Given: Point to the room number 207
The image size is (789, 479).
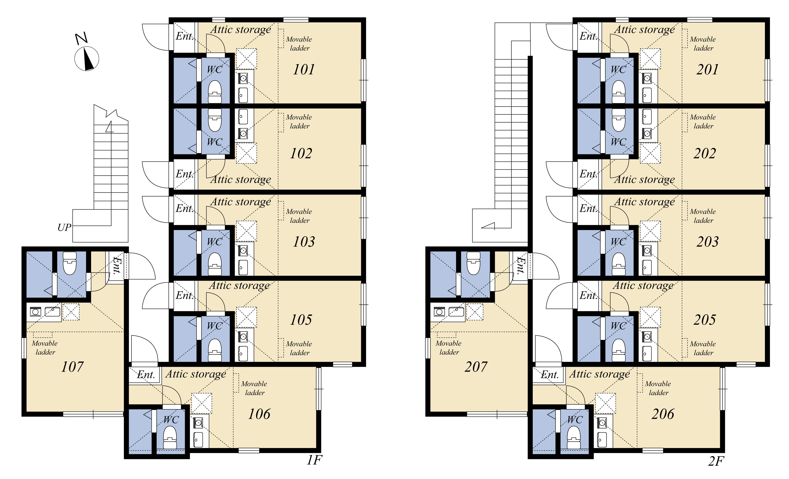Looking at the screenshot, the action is [x=476, y=367].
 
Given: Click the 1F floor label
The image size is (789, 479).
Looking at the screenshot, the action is [x=314, y=460].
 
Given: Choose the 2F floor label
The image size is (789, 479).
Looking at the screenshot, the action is [x=716, y=461].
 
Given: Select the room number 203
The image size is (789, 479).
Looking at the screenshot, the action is [x=708, y=242].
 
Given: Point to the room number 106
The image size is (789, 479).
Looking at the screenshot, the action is [x=259, y=414].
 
